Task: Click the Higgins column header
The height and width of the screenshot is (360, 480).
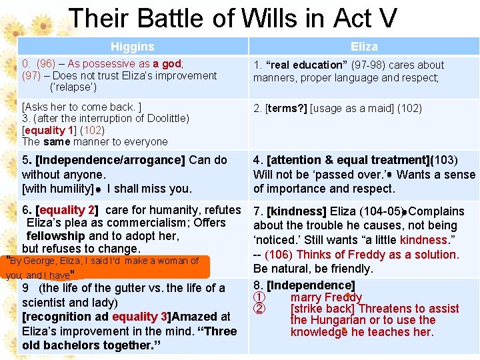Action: click(132, 47)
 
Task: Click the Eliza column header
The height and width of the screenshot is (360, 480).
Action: click(364, 47)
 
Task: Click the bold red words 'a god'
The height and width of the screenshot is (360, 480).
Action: click(167, 64)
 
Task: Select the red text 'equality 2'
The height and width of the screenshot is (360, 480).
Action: click(69, 210)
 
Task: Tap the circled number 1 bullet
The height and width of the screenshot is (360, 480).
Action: click(260, 297)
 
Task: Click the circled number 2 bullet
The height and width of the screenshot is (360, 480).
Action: click(260, 309)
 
